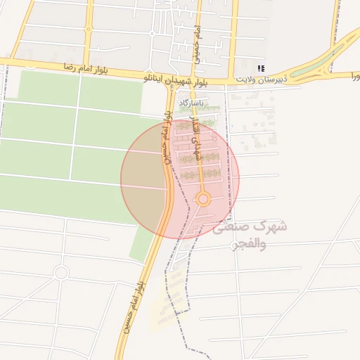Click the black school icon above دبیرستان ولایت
pyautogui.click(x=262, y=68)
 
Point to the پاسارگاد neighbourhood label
pyautogui.click(x=191, y=103)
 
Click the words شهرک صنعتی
pyautogui.click(x=250, y=227)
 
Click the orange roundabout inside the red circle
pyautogui.click(x=203, y=200)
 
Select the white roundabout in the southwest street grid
pyautogui.click(x=60, y=271)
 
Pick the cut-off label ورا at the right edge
pyautogui.click(x=352, y=75)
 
